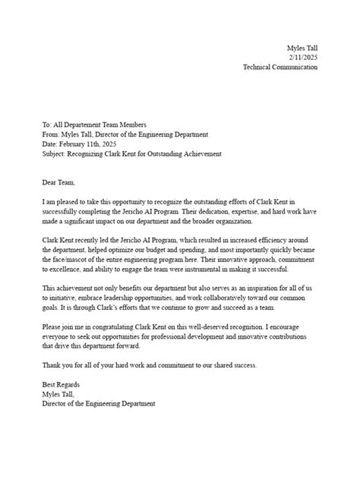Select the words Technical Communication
tap(280, 67)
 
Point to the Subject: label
tap(55, 154)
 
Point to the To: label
tap(48, 125)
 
